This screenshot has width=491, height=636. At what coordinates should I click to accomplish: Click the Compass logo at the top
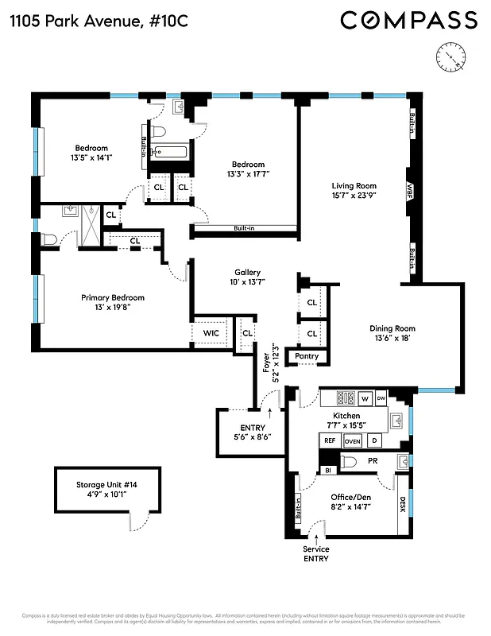pyautogui.click(x=409, y=20)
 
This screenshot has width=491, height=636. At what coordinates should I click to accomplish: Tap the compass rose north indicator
pyautogui.click(x=450, y=56)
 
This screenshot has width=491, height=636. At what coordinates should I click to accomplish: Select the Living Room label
pyautogui.click(x=354, y=187)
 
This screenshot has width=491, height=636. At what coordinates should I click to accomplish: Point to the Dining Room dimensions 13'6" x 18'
pyautogui.click(x=392, y=339)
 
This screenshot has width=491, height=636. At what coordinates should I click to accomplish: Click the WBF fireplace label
pyautogui.click(x=411, y=192)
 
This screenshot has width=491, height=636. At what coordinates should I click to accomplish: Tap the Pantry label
pyautogui.click(x=307, y=356)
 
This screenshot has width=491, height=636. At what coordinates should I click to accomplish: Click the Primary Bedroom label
pyautogui.click(x=113, y=297)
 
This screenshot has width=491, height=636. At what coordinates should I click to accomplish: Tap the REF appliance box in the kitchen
pyautogui.click(x=329, y=440)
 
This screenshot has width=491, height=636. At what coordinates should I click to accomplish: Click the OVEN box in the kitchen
pyautogui.click(x=353, y=440)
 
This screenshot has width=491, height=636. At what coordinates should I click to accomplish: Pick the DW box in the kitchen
pyautogui.click(x=381, y=397)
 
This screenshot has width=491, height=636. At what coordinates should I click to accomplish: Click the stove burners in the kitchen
pyautogui.click(x=346, y=397)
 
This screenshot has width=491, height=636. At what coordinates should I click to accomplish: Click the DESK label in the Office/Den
pyautogui.click(x=402, y=504)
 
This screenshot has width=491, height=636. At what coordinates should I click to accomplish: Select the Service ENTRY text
pyautogui.click(x=315, y=554)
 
